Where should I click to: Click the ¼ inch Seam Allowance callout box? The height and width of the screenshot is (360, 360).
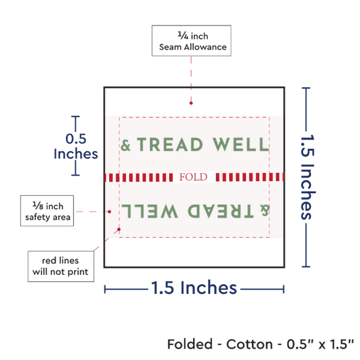192,41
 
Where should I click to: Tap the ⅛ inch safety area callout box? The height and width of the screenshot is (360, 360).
47,211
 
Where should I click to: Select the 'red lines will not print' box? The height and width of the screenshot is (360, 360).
61,266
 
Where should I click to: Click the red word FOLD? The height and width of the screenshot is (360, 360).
193,177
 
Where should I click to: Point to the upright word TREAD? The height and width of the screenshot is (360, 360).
170,145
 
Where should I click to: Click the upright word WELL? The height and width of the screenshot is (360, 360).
241,145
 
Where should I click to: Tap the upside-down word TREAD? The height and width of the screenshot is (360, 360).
221,211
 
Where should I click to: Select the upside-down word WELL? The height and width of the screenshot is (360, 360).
150,211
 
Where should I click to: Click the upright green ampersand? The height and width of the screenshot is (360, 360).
126,145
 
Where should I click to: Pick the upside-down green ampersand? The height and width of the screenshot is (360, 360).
264,210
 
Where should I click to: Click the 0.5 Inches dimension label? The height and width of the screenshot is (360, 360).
76,146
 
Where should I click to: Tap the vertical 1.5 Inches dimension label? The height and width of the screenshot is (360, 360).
308,177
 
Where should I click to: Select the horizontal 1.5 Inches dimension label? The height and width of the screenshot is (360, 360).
194,287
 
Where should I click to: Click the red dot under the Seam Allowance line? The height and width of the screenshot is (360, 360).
191,103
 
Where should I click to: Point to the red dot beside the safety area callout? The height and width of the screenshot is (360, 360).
109,211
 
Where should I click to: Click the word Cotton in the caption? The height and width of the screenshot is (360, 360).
249,344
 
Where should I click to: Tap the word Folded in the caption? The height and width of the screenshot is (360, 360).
190,344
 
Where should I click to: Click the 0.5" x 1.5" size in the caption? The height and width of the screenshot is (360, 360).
320,344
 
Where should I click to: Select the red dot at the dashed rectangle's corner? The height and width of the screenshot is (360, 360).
119,229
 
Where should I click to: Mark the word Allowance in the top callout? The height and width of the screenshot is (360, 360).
205,47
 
